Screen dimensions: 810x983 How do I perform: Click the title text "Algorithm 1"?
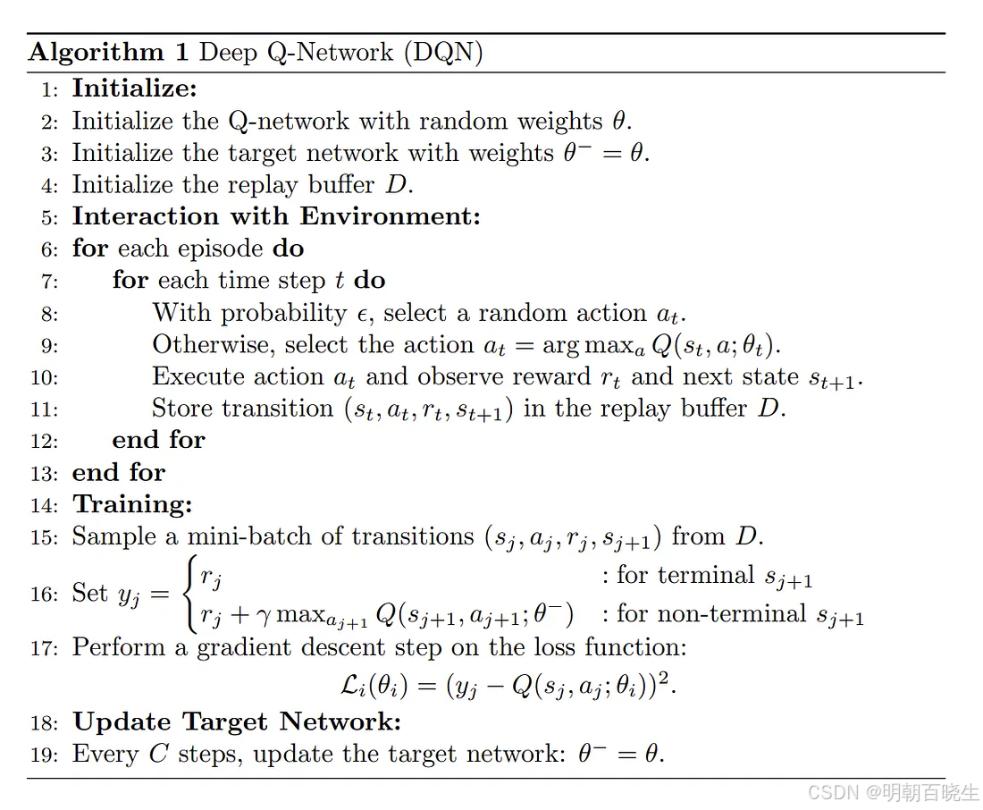[x=108, y=52]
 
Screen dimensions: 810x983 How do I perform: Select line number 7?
[x=48, y=282]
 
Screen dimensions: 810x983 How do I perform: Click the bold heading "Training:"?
[x=132, y=505]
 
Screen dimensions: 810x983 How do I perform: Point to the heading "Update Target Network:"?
[x=237, y=722]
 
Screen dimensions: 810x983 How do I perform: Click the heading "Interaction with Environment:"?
[x=276, y=217]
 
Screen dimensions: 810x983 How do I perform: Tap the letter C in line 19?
[x=158, y=755]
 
